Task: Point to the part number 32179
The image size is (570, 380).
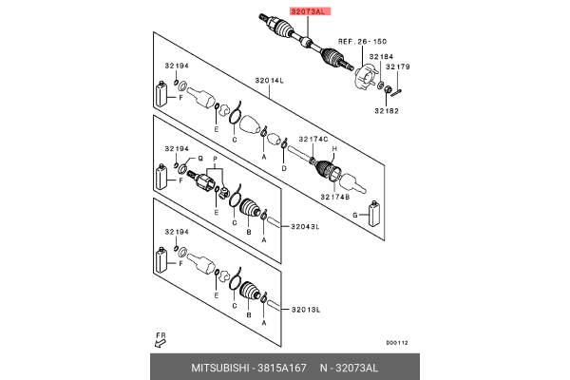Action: (399, 66)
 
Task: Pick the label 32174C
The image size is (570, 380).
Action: (313, 140)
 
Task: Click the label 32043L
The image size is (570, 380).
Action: (305, 226)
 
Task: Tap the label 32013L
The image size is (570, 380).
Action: (305, 310)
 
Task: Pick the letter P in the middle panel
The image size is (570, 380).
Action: (216, 159)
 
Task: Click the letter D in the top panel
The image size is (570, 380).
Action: (283, 167)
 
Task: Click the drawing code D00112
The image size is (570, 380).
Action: (396, 343)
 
